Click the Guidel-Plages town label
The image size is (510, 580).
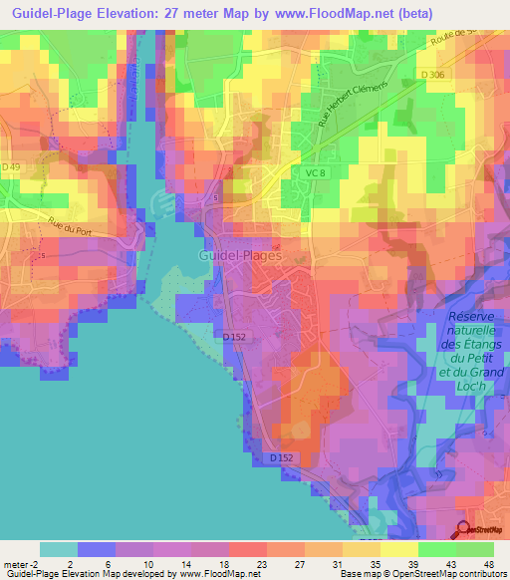pyautogui.click(x=240, y=255)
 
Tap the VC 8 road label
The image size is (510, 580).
pyautogui.click(x=317, y=173)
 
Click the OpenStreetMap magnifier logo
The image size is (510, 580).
pyautogui.click(x=464, y=529)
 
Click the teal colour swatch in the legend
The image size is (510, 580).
pyautogui.click(x=58, y=549)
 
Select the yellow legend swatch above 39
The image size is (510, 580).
pyautogui.click(x=398, y=549)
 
